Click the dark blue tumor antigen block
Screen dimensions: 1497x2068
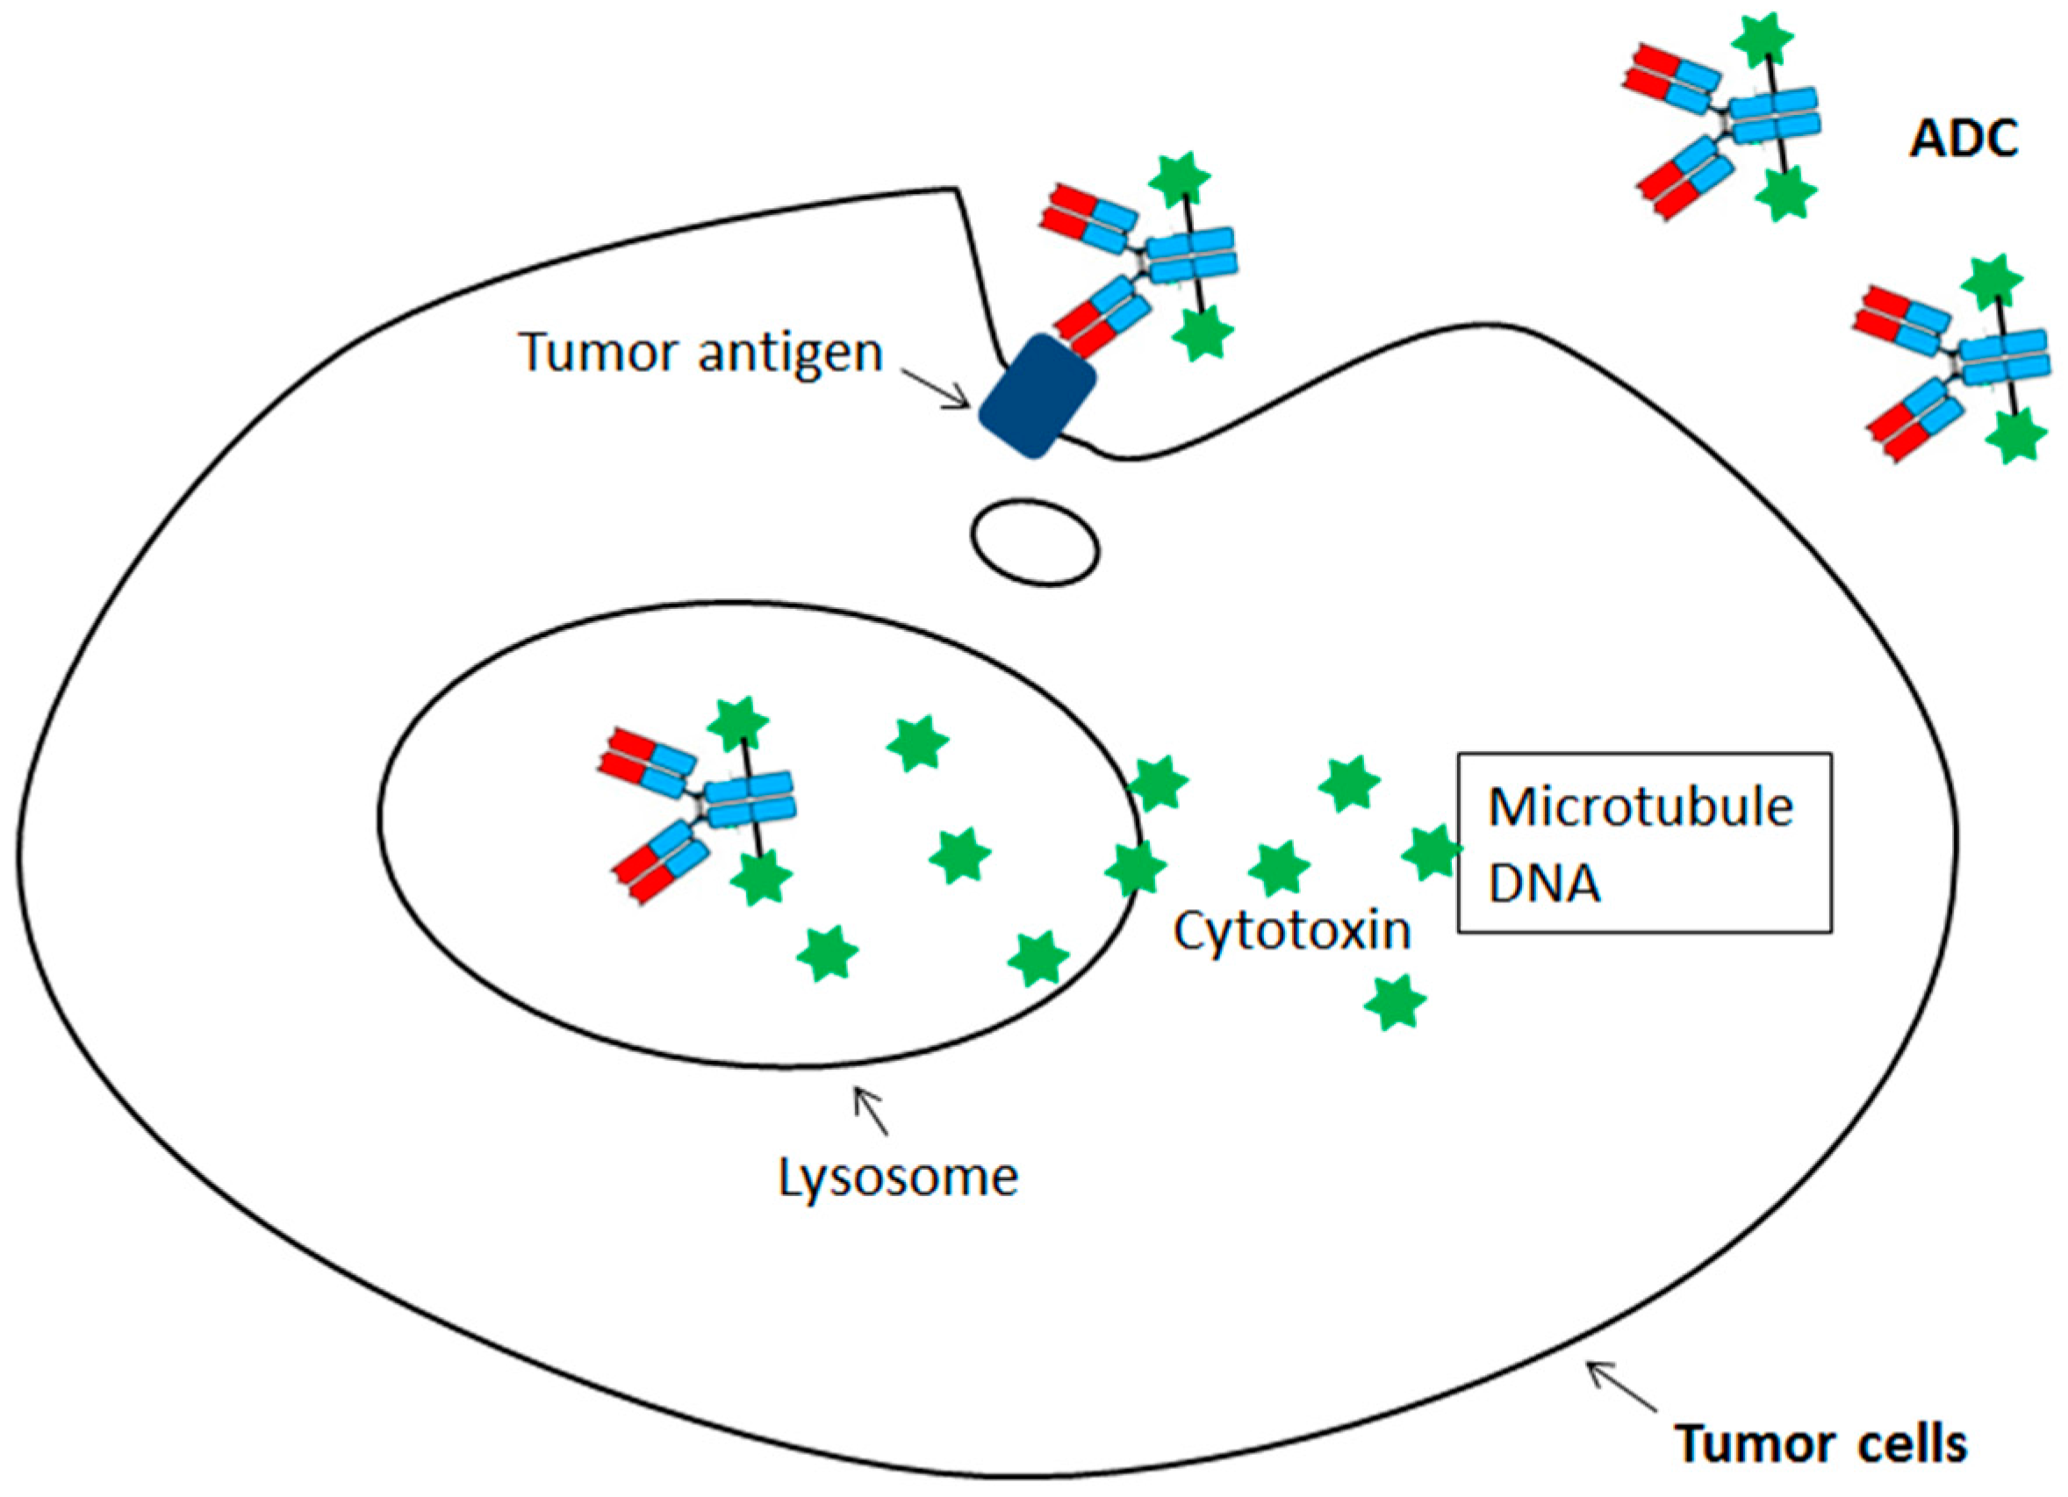[1038, 396]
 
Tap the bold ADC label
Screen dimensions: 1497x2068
[1964, 140]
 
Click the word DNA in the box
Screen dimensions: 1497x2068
[1544, 883]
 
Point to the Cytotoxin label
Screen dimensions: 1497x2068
[1292, 931]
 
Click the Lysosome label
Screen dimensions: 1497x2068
[897, 1177]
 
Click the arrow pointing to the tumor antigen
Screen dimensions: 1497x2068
[937, 390]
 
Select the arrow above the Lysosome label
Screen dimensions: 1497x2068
[870, 1110]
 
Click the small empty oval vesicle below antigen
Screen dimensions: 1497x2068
[1035, 541]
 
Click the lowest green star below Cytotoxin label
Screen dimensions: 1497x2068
[1394, 1002]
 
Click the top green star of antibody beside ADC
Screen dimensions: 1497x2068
[1762, 39]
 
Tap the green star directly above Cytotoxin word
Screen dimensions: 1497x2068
[1278, 868]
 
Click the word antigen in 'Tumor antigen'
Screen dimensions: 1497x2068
[791, 354]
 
